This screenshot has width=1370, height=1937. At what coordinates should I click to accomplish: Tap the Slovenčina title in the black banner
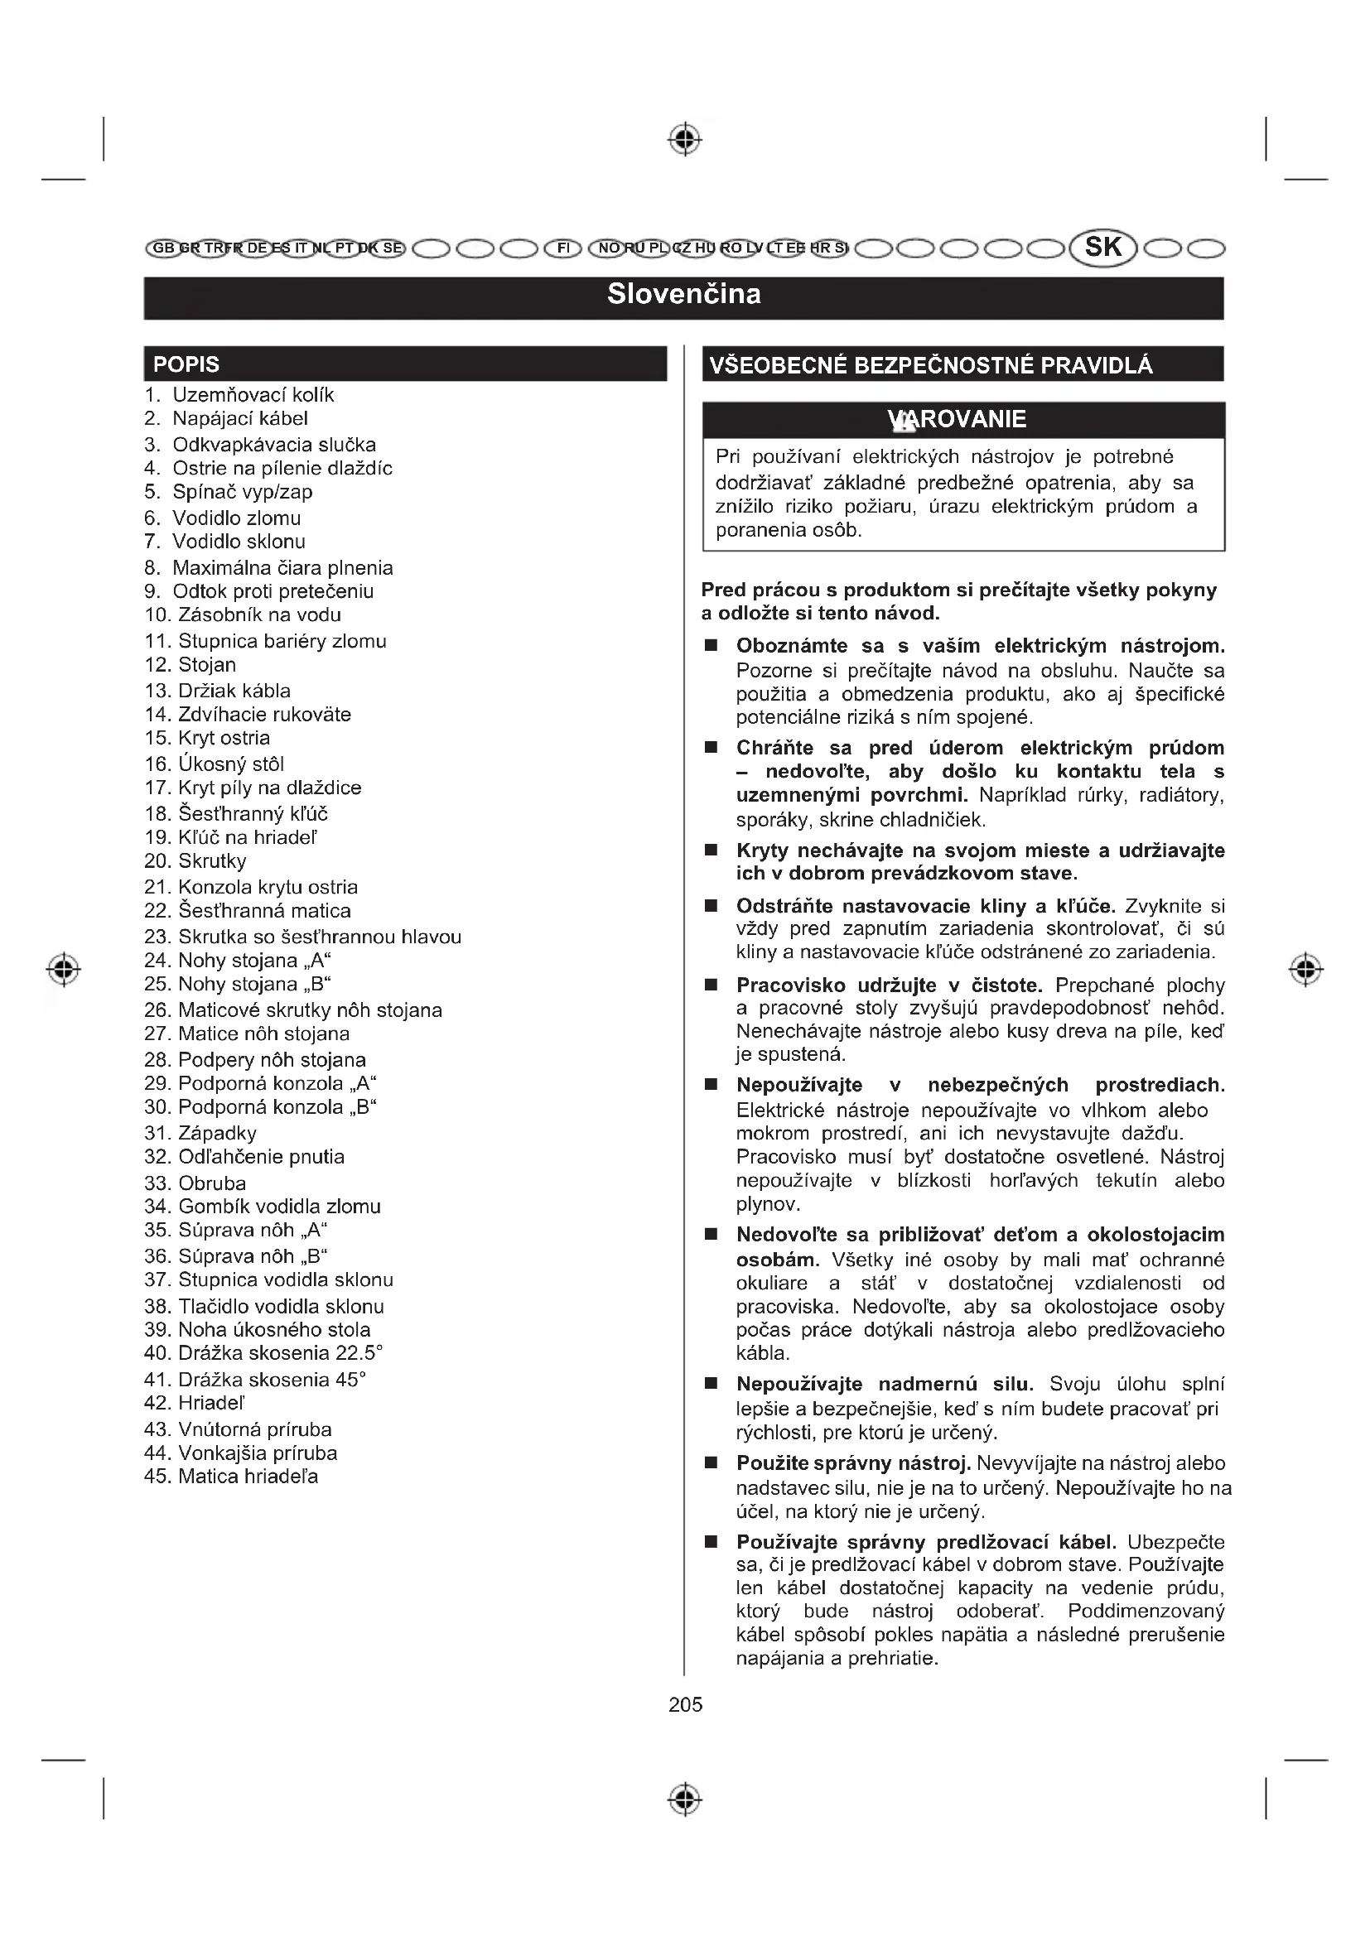684,295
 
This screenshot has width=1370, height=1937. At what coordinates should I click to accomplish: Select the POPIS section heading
186,364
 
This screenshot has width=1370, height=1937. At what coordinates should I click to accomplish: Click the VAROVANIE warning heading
957,419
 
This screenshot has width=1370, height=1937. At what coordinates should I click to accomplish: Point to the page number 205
685,1705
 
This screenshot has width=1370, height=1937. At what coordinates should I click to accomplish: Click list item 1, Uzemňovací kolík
239,395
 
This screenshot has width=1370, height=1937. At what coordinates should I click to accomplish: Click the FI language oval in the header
562,248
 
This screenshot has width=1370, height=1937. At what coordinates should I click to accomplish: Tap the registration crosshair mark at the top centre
685,139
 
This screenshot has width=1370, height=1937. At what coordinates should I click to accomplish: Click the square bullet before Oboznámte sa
712,646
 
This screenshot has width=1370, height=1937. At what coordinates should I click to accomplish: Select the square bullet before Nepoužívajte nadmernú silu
712,1384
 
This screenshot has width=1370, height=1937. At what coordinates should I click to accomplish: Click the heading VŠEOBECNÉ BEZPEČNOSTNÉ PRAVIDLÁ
930,365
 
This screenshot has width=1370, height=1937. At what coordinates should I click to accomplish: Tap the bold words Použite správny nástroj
854,1462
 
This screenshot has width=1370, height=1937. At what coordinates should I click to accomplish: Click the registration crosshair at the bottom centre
685,1799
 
